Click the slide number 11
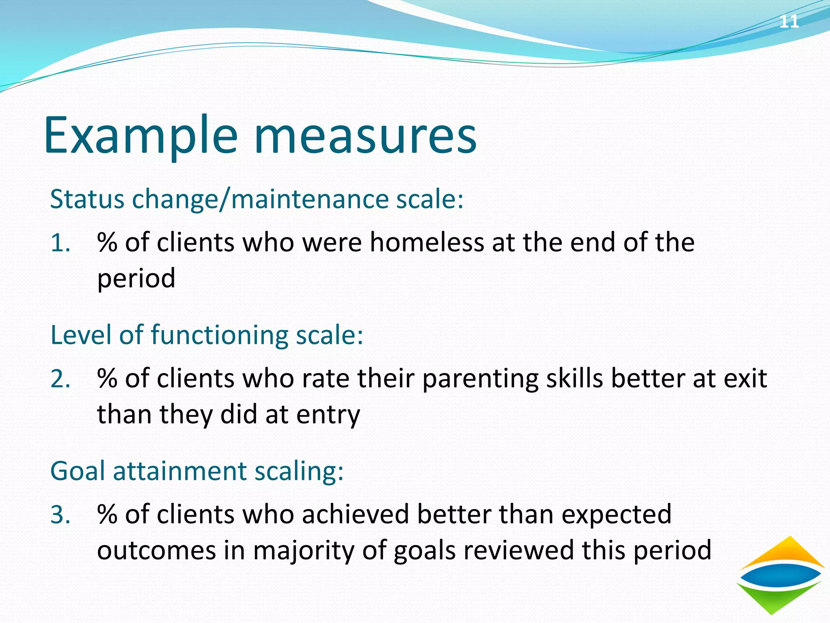click(x=789, y=21)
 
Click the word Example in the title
click(x=140, y=136)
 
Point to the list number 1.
click(x=60, y=243)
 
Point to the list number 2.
click(x=60, y=379)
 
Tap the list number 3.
click(x=60, y=515)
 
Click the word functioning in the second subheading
click(x=219, y=336)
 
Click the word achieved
click(x=356, y=514)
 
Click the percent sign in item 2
click(x=107, y=378)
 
